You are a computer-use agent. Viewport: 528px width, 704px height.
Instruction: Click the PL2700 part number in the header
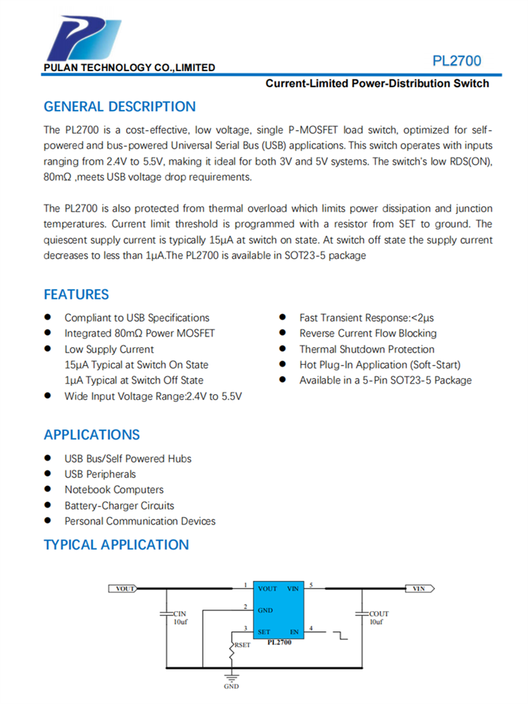click(x=457, y=61)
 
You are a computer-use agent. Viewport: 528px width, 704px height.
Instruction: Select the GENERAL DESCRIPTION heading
click(x=120, y=107)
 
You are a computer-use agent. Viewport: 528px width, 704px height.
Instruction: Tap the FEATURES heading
click(x=76, y=294)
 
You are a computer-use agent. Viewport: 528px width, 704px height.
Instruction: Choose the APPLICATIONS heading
click(x=92, y=435)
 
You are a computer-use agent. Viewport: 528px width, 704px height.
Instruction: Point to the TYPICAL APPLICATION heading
click(x=116, y=545)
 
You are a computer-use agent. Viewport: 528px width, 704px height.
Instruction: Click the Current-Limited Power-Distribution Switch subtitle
click(x=377, y=84)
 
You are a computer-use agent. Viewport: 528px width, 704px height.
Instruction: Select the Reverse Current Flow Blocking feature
click(x=367, y=334)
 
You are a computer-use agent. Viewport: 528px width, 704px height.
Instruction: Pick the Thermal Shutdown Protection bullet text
click(x=367, y=349)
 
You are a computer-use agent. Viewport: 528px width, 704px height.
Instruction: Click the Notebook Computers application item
click(x=114, y=490)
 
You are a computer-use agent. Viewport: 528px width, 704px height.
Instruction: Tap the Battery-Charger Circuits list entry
click(x=119, y=505)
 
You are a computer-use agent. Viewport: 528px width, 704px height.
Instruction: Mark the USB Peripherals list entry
click(x=100, y=474)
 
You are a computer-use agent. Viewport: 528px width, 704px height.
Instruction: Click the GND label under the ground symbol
click(x=231, y=686)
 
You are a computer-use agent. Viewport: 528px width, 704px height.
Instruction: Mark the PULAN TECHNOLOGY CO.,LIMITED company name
click(x=130, y=68)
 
